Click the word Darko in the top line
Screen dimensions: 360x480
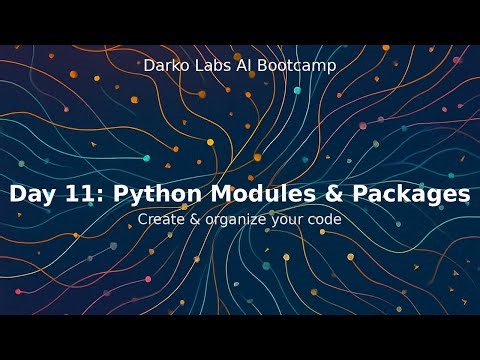tap(165, 66)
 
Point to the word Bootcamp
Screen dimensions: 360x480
tap(296, 66)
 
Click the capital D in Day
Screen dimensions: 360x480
tap(18, 195)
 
